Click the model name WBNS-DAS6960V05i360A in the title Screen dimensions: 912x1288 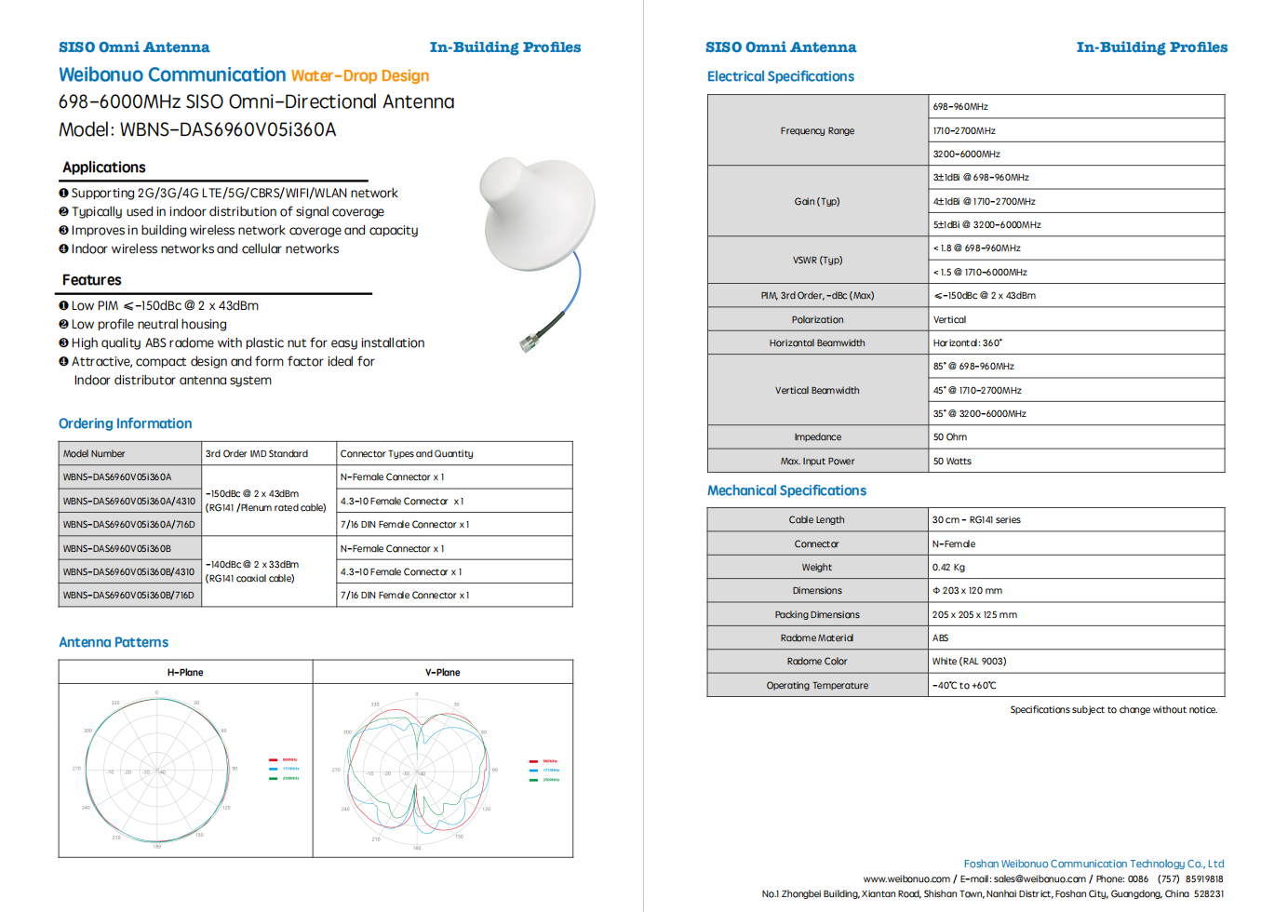click(x=228, y=130)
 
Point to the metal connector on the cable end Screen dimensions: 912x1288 click(x=530, y=342)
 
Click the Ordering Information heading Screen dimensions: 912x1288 click(x=125, y=423)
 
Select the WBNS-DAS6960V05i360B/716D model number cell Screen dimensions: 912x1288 click(x=128, y=596)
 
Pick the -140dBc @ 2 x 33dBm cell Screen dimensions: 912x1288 click(x=252, y=565)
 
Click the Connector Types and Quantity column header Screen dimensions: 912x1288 click(x=407, y=454)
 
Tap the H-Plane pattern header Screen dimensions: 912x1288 click(x=185, y=672)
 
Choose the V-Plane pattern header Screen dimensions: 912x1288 click(x=442, y=672)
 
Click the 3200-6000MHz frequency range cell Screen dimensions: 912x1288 click(x=967, y=154)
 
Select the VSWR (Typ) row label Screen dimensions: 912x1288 click(x=817, y=261)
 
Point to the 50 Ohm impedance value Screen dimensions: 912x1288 click(x=950, y=437)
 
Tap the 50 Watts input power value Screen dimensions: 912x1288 click(x=952, y=462)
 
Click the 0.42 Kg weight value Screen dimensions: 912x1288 click(x=948, y=568)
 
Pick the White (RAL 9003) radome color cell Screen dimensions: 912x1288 click(x=969, y=662)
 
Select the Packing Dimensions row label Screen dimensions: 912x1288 click(x=817, y=615)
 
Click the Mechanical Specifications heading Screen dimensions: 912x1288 click(x=786, y=490)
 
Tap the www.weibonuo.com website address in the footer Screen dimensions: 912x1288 click(x=906, y=879)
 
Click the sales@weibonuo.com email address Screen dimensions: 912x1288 click(x=1040, y=879)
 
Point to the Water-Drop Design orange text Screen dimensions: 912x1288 click(x=360, y=76)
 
